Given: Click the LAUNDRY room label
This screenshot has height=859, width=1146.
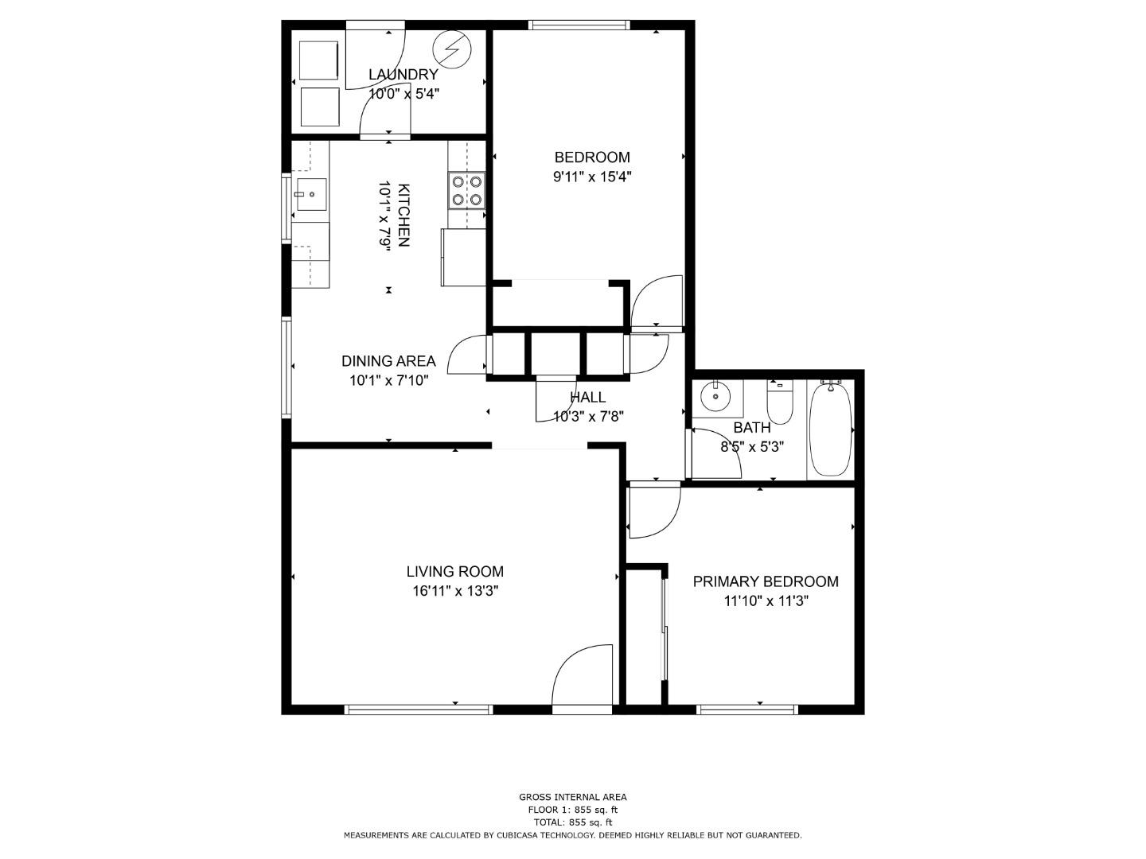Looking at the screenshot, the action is (403, 75).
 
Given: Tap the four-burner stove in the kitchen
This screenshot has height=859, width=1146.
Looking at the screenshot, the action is (466, 190).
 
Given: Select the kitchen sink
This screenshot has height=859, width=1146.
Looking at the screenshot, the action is (312, 194).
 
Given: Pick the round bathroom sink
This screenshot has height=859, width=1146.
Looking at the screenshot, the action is (716, 397).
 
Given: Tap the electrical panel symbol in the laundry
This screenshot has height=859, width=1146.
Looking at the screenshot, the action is (452, 49).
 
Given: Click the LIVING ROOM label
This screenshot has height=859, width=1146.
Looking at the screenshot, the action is (454, 572).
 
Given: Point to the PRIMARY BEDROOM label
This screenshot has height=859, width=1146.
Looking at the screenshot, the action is (766, 581).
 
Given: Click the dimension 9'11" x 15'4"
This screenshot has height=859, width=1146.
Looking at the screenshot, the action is (592, 177).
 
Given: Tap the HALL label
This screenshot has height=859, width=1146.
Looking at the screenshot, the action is (588, 397).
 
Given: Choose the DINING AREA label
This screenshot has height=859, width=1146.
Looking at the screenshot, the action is (388, 361).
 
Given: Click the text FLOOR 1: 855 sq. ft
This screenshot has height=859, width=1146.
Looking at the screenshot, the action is (573, 810).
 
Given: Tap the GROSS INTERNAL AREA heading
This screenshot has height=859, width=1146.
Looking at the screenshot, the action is (573, 797).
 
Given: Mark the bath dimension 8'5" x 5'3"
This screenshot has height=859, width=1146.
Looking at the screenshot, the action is (752, 447).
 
